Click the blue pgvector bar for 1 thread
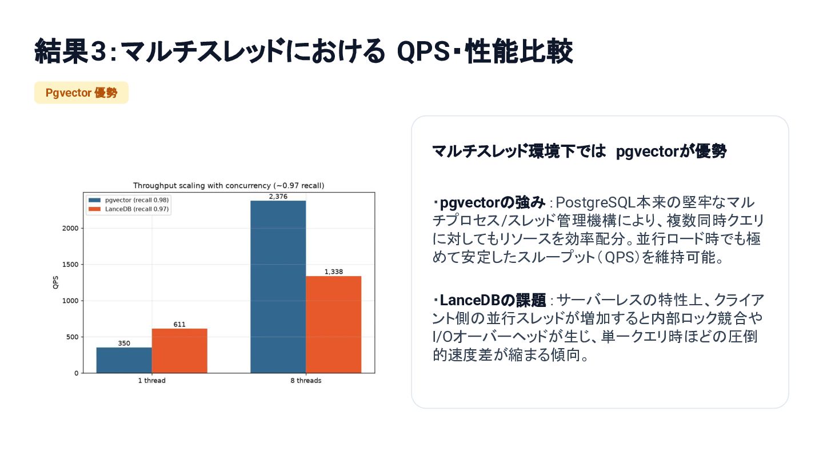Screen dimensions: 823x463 [x=124, y=360]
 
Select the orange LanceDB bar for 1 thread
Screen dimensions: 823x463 [x=179, y=351]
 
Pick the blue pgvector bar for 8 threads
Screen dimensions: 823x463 [x=278, y=287]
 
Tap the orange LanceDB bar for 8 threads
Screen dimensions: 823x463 [x=334, y=325]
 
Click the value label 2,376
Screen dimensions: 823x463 [x=278, y=197]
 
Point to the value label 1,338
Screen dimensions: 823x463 [x=334, y=272]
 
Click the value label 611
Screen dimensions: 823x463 [x=179, y=325]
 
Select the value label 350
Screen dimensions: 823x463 [x=124, y=343]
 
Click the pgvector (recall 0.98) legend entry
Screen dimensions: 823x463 [x=129, y=200]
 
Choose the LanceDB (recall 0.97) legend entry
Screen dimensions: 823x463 [x=129, y=209]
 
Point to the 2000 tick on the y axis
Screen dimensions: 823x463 [x=70, y=228]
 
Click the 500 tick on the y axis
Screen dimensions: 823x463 [x=73, y=337]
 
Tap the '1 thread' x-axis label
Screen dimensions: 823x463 [x=152, y=381]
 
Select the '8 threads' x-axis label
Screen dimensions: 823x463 [x=306, y=381]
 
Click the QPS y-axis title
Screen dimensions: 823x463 [x=55, y=282]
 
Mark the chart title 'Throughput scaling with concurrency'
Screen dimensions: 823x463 [x=202, y=186]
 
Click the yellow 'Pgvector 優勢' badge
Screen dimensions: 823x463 [x=82, y=93]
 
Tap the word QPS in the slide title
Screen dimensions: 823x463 [x=424, y=51]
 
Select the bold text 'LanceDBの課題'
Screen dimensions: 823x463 [x=493, y=300]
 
